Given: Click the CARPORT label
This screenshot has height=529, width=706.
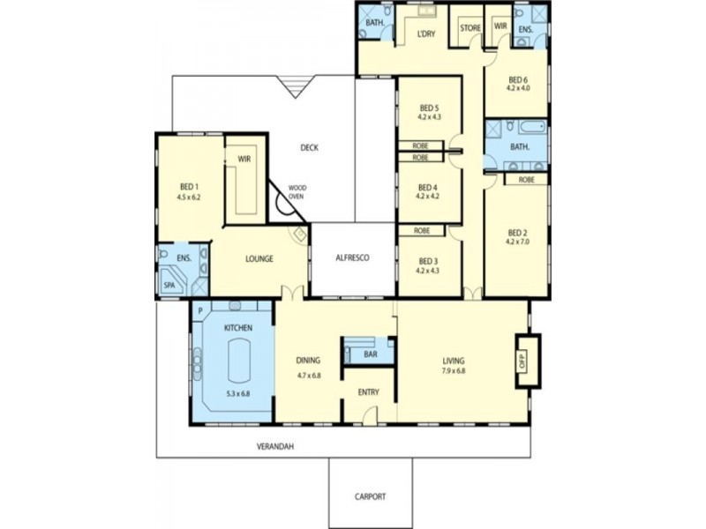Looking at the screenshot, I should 371,497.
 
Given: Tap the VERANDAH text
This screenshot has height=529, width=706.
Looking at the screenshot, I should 275,447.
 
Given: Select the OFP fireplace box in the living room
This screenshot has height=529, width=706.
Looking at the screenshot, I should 522,361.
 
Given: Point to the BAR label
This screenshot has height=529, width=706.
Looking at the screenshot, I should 372,354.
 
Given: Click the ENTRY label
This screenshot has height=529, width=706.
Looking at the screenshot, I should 368,392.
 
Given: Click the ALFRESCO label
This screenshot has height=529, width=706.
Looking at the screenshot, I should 352,258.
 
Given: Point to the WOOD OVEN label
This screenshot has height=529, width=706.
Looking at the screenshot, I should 297,192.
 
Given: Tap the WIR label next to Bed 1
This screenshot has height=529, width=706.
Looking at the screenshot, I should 244,160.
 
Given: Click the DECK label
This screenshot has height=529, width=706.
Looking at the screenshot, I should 309,147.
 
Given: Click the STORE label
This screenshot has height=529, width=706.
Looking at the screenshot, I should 470,27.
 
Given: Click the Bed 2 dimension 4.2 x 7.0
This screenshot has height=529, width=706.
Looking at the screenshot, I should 517,241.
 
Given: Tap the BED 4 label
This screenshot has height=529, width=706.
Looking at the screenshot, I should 427,187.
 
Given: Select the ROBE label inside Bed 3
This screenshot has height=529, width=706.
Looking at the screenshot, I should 421,230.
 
